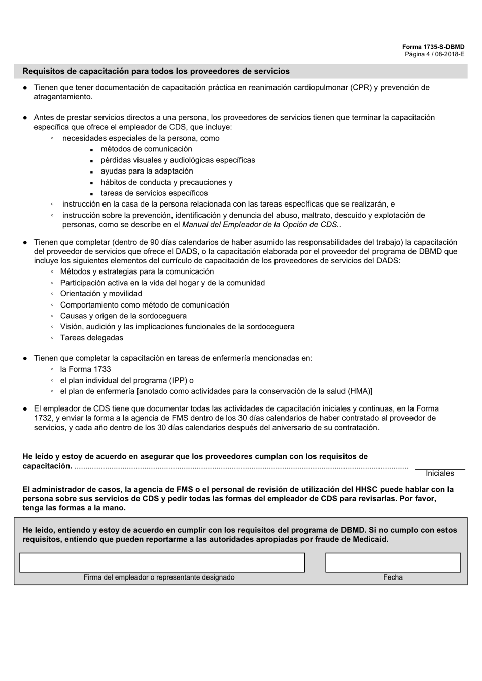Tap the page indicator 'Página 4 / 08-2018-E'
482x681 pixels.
(x=434, y=54)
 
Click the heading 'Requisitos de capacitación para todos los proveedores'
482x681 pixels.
(x=156, y=71)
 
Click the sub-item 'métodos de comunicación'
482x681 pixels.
(x=146, y=149)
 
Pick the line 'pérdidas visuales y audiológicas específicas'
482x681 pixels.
(x=178, y=160)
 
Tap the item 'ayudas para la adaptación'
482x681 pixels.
(x=147, y=171)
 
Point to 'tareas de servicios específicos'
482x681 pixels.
(x=154, y=193)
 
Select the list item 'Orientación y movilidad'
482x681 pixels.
(x=101, y=293)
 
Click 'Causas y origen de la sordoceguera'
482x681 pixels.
(x=123, y=316)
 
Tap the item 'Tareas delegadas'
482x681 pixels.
(x=91, y=337)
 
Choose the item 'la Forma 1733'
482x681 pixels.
(x=85, y=369)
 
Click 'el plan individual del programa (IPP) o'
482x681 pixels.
(x=127, y=380)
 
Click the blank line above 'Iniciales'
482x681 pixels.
(x=439, y=466)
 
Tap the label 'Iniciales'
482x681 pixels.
(x=439, y=473)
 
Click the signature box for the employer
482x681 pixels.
(x=161, y=562)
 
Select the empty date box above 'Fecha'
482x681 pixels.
(x=392, y=562)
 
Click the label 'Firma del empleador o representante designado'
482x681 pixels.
(x=159, y=577)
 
